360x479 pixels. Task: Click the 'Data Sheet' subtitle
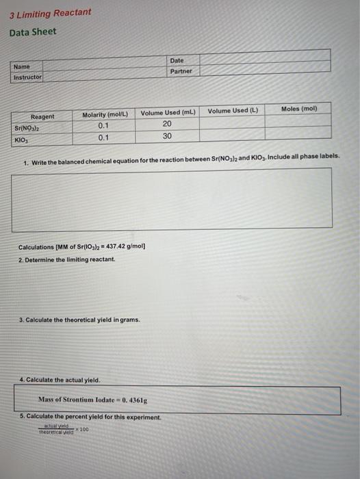(x=33, y=32)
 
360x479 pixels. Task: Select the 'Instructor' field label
(x=27, y=77)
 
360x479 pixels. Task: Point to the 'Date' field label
(x=177, y=60)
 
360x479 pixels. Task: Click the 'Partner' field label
(x=180, y=70)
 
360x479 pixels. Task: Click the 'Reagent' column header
(x=42, y=116)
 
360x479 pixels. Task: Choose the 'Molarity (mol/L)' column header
(x=103, y=114)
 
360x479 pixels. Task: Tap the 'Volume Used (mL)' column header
(x=168, y=112)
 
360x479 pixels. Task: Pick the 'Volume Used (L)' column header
(x=232, y=111)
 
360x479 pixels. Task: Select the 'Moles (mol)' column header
(x=299, y=109)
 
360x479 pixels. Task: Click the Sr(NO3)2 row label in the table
(x=25, y=128)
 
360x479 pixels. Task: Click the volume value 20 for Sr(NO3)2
(x=167, y=124)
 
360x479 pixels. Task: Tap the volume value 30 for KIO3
(x=168, y=135)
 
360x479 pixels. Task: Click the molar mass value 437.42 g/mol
(x=123, y=246)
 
